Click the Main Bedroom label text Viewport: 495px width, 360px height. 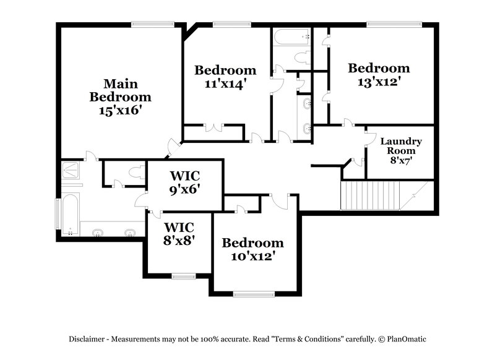120,90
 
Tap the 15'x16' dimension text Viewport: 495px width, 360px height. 120,111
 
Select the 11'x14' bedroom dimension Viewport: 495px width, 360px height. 225,84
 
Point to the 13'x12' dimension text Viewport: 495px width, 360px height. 378,81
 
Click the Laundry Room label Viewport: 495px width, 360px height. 401,146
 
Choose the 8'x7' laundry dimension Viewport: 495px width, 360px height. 401,160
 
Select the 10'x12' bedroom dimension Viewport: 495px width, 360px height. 252,255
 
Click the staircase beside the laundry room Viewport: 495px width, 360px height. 377,196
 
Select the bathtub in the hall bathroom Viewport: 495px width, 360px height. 292,37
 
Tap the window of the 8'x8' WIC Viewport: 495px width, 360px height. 183,275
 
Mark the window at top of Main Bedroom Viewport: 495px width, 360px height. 151,24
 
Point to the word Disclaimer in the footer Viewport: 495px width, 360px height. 87,339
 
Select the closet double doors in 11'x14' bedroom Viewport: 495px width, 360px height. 213,128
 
